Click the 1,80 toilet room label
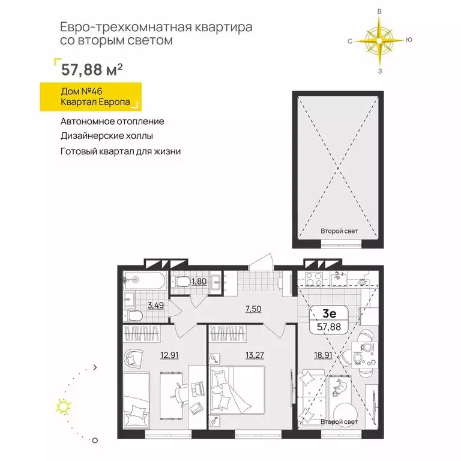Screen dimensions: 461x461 [x=200, y=280]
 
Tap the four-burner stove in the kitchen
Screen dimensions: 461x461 [x=314, y=280]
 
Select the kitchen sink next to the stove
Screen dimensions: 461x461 [x=338, y=279]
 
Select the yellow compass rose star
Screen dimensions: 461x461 [x=379, y=40]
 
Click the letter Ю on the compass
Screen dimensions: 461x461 [x=409, y=40]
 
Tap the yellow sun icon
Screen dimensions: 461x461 [x=62, y=408]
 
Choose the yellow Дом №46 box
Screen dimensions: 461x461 [x=90, y=98]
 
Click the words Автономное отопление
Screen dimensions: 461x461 [x=112, y=121]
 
